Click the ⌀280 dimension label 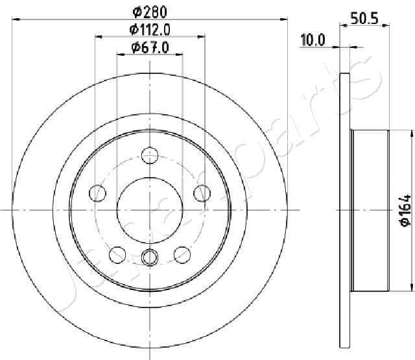click(150, 12)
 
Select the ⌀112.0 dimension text click(150, 30)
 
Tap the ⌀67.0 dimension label click(150, 47)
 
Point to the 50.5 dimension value click(364, 19)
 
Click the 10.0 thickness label click(313, 40)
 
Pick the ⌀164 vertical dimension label click(406, 210)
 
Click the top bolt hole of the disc click(150, 156)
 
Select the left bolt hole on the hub click(98, 193)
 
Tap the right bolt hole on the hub click(202, 193)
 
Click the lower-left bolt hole click(117, 255)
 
